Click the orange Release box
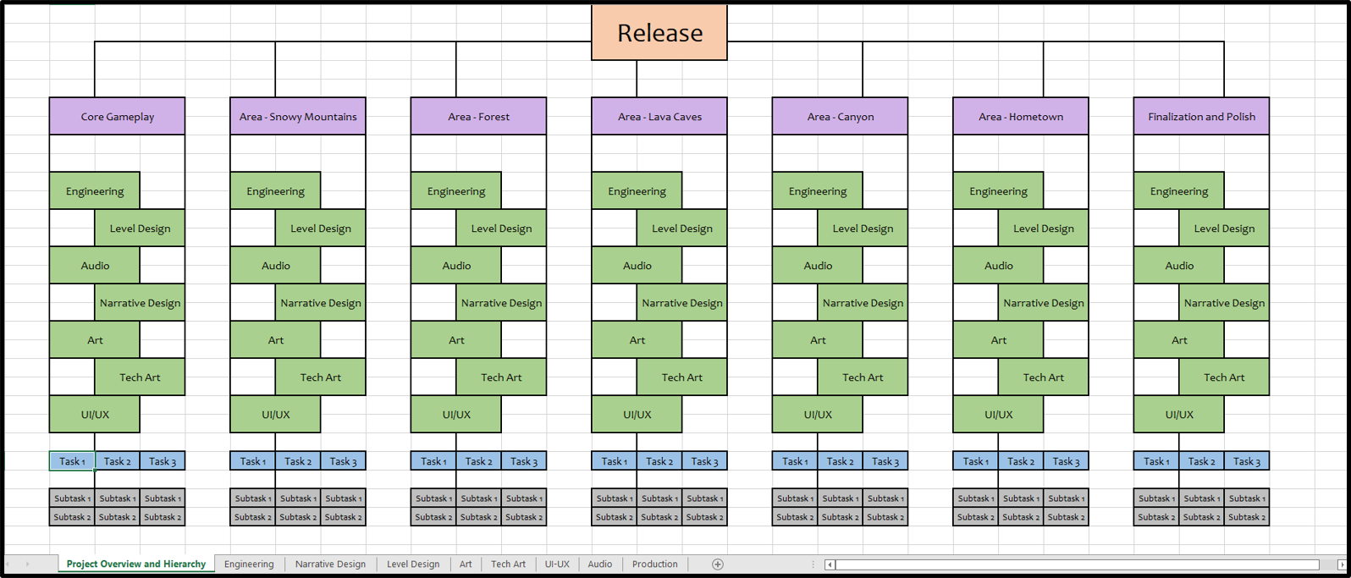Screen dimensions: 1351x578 [659, 32]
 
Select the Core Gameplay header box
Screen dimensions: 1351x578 [117, 116]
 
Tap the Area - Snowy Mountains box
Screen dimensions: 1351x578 [298, 116]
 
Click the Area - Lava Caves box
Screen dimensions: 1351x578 [659, 116]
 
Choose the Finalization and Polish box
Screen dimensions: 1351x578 [1201, 116]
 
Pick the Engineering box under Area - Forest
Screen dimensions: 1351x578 [456, 191]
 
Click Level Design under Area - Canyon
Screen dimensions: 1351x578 [863, 228]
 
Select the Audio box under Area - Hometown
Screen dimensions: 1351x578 [998, 265]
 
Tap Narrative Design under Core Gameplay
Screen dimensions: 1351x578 [140, 303]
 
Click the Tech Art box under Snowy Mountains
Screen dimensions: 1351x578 [320, 377]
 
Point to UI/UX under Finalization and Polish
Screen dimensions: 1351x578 [1179, 415]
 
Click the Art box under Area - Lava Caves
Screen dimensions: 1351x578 [637, 340]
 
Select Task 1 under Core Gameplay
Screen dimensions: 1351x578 [72, 461]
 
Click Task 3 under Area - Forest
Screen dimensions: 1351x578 [523, 461]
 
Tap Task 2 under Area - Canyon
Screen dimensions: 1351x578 [841, 461]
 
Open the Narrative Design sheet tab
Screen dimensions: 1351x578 [330, 564]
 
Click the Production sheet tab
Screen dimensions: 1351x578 [654, 564]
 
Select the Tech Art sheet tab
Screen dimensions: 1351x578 [508, 564]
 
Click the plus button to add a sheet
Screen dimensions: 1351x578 [717, 564]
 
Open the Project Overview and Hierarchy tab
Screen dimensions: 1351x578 [135, 564]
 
